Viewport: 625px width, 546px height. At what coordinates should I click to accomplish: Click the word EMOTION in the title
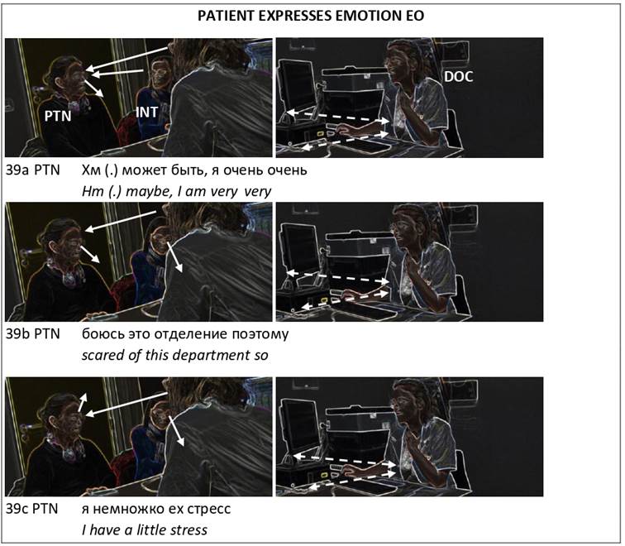(367, 16)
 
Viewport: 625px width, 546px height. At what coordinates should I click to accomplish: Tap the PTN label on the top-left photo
(58, 116)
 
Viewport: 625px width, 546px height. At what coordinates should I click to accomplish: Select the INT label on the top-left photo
(146, 112)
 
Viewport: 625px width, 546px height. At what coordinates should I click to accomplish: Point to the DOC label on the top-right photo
(458, 77)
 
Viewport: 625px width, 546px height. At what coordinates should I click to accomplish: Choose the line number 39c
(18, 509)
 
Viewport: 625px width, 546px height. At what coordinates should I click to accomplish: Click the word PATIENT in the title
(226, 16)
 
